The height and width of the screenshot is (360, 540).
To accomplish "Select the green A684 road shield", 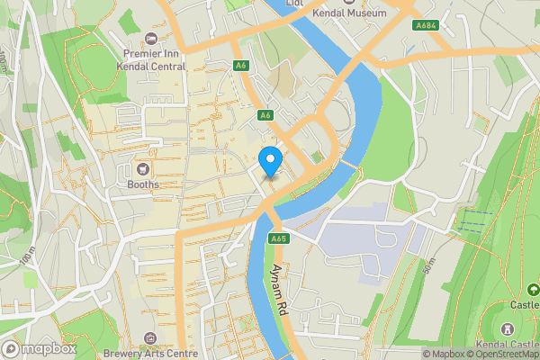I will pyautogui.click(x=427, y=26).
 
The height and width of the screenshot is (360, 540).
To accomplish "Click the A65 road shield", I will pyautogui.click(x=278, y=238).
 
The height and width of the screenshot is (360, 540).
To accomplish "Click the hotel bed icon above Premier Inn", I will pyautogui.click(x=150, y=38).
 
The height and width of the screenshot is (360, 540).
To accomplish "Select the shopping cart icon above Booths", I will pyautogui.click(x=142, y=168).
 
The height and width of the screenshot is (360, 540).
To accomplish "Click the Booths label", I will pyautogui.click(x=142, y=184).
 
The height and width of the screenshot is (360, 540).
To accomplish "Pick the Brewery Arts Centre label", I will pyautogui.click(x=150, y=354).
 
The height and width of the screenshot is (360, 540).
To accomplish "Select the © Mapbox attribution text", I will pyautogui.click(x=443, y=354).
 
